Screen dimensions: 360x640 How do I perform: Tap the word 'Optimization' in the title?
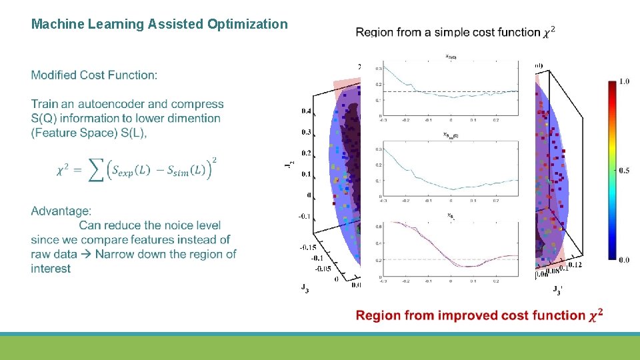coord(247,25)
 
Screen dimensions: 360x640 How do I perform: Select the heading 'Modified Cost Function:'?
coord(94,75)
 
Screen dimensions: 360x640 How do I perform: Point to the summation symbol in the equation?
coord(97,170)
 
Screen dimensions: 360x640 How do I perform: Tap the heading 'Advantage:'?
coord(61,211)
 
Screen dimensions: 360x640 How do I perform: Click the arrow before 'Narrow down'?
coord(86,254)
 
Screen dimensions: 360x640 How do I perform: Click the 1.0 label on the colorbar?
coord(624,81)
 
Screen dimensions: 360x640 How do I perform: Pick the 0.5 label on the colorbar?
coord(624,171)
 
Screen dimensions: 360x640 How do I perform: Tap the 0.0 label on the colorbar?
coord(624,259)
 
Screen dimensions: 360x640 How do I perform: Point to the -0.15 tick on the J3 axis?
coord(308,247)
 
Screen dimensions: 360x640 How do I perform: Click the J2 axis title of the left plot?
coord(288,165)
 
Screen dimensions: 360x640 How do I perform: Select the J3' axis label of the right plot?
coord(557,289)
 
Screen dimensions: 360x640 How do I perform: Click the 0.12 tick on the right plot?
coord(573,266)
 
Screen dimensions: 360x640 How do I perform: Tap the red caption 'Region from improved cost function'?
coord(471,315)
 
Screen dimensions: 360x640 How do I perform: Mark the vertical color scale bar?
coord(611,170)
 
